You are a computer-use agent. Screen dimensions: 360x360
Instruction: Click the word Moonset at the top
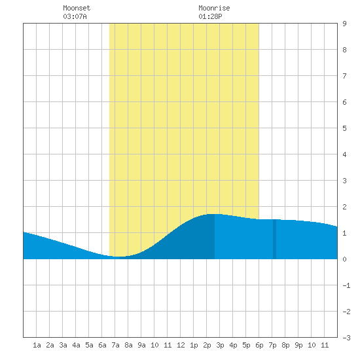pyautogui.click(x=77, y=8)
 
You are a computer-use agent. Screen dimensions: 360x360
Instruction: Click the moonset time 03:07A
pyautogui.click(x=75, y=16)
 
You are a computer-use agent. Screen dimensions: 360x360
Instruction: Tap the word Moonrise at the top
pyautogui.click(x=214, y=8)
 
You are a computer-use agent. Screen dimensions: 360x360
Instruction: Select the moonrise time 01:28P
pyautogui.click(x=210, y=16)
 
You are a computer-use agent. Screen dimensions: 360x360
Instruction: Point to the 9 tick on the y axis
pyautogui.click(x=344, y=24)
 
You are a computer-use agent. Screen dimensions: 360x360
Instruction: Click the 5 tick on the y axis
pyautogui.click(x=344, y=128)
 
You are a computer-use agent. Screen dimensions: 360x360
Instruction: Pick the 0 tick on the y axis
pyautogui.click(x=344, y=259)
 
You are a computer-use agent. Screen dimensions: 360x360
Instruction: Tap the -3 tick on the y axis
pyautogui.click(x=346, y=338)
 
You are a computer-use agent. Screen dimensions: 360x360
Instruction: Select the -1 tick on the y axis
pyautogui.click(x=346, y=285)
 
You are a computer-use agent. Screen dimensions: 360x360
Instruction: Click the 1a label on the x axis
pyautogui.click(x=37, y=345)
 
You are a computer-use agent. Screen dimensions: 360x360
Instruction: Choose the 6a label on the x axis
pyautogui.click(x=102, y=345)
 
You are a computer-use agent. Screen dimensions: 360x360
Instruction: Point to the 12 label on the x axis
pyautogui.click(x=181, y=345)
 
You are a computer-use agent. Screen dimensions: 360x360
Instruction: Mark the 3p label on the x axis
pyautogui.click(x=220, y=345)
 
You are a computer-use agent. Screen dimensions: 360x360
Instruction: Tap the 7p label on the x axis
pyautogui.click(x=272, y=345)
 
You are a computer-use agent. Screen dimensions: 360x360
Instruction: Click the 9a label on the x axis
pyautogui.click(x=141, y=345)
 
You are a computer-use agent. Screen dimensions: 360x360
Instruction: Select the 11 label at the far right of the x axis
pyautogui.click(x=325, y=345)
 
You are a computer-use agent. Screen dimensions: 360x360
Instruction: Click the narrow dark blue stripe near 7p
pyautogui.click(x=275, y=239)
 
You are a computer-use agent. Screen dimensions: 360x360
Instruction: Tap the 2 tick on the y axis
pyautogui.click(x=344, y=207)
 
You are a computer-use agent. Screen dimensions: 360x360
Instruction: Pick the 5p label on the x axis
pyautogui.click(x=246, y=345)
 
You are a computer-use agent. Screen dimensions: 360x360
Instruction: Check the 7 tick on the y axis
pyautogui.click(x=344, y=76)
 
